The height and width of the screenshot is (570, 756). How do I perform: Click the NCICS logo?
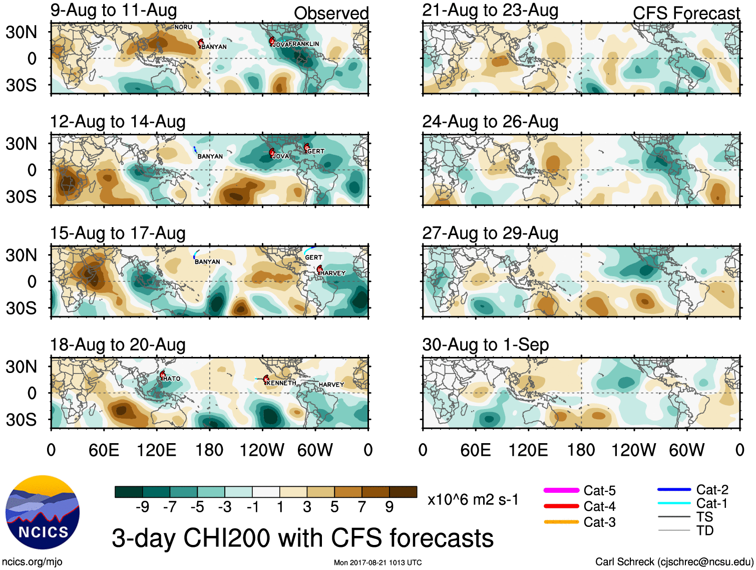tap(43, 512)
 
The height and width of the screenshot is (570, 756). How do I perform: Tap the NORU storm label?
tap(183, 27)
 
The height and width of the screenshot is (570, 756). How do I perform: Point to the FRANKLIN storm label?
tap(303, 44)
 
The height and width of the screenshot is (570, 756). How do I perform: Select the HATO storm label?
tap(172, 379)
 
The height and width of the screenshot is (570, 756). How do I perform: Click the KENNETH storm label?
tap(281, 383)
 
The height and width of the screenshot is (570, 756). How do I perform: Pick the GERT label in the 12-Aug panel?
tap(316, 151)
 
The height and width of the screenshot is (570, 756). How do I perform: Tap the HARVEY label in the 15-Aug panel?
tap(333, 273)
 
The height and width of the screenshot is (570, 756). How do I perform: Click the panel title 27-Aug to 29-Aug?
tap(490, 233)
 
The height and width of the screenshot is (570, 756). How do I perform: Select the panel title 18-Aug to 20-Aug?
tap(118, 345)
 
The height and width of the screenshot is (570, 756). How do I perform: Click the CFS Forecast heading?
tap(686, 14)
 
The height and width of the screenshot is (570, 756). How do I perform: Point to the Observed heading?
tap(331, 14)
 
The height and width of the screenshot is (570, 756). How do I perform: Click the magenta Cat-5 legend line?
tap(561, 490)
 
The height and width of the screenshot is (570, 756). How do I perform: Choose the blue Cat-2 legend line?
tap(674, 489)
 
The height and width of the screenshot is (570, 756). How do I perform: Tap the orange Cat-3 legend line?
tap(561, 522)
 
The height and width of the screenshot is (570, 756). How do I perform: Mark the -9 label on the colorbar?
tap(142, 507)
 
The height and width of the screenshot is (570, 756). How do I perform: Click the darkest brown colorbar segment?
tap(403, 492)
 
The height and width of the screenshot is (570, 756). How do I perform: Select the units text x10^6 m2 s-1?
tap(473, 500)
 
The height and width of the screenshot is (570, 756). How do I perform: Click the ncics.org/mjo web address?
tap(32, 562)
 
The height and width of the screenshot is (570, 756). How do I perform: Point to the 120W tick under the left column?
tap(262, 450)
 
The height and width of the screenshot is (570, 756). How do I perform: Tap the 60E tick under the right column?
tap(476, 450)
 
